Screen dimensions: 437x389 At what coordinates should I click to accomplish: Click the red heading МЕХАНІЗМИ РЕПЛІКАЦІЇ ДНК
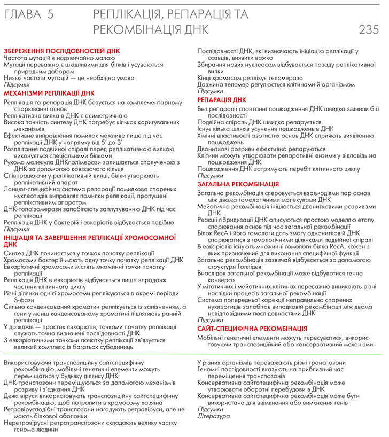click(x=49, y=92)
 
